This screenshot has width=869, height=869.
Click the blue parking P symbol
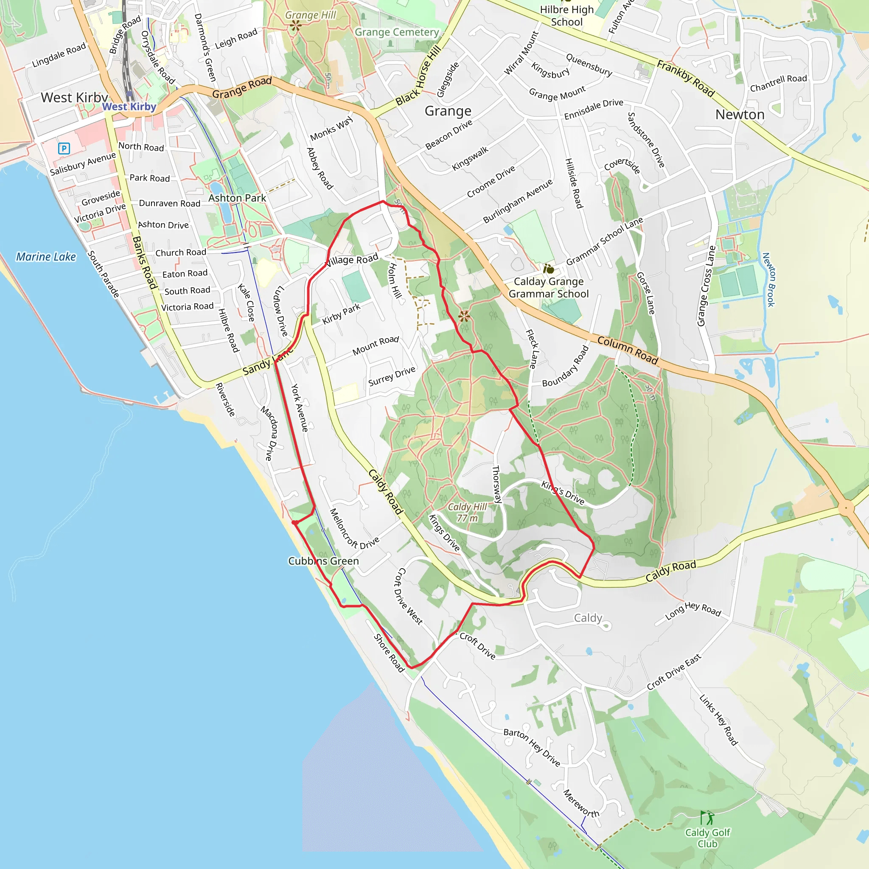[x=64, y=148]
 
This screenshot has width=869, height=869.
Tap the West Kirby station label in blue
[x=129, y=107]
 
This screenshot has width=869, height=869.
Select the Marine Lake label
[x=46, y=256]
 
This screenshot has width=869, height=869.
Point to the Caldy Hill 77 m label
[x=467, y=512]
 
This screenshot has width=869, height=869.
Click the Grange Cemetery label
[x=396, y=32]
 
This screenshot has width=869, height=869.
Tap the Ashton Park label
[x=237, y=198]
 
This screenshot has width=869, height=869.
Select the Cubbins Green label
[x=323, y=561]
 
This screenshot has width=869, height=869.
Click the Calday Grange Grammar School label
[x=549, y=287]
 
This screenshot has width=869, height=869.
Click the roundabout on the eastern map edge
[x=846, y=508]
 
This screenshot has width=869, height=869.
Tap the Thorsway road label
[x=496, y=484]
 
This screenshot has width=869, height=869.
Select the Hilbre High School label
[x=567, y=16]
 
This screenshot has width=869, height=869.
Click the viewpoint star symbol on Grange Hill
[x=295, y=25]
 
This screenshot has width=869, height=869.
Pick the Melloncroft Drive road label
[x=354, y=529]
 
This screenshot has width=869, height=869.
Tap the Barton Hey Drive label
[x=532, y=747]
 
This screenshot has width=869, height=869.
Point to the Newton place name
[x=740, y=114]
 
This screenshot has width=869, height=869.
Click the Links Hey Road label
[x=718, y=720]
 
